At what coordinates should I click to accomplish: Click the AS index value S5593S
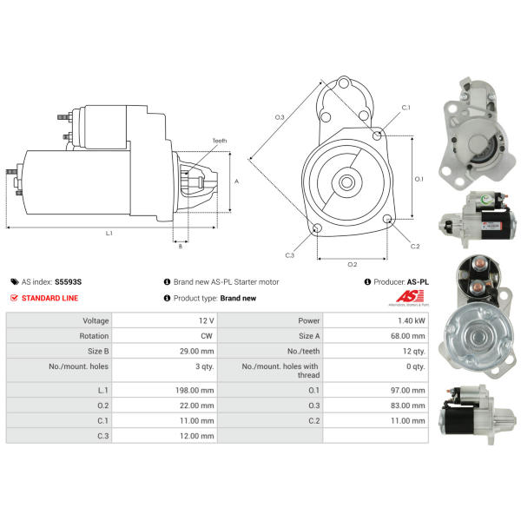[68, 282]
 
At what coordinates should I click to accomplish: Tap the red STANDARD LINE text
[49, 298]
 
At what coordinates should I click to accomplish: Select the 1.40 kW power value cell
[376, 320]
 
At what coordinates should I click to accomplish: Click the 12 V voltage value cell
[164, 320]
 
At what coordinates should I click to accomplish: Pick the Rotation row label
[94, 336]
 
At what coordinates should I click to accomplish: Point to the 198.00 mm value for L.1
[195, 391]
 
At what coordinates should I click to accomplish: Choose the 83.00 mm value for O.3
[408, 406]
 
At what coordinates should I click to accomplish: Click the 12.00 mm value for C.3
[197, 436]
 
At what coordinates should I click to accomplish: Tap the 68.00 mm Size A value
[408, 336]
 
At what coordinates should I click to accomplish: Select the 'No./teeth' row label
[303, 351]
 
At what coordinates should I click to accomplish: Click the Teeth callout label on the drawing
[220, 141]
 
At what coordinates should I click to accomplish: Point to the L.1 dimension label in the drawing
[109, 234]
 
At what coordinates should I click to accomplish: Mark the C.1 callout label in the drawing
[406, 108]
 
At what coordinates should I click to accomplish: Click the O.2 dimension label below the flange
[353, 265]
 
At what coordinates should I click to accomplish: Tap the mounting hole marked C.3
[318, 228]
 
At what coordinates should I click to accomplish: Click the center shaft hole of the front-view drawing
[346, 182]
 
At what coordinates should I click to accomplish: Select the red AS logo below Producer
[409, 297]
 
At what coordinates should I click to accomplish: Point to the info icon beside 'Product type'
[167, 298]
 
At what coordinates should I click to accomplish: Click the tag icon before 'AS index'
[14, 282]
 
